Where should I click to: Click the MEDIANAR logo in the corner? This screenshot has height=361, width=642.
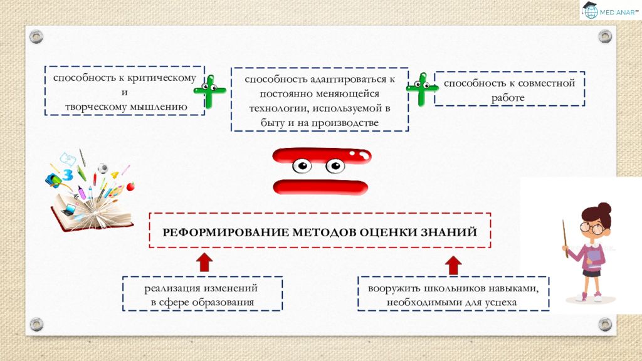(610, 10)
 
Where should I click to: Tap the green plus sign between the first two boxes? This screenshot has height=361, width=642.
(209, 92)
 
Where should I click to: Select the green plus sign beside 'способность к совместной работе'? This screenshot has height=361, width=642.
(422, 89)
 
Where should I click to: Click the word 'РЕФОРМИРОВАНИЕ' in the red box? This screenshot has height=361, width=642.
(226, 233)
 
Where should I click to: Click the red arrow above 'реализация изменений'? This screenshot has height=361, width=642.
(204, 263)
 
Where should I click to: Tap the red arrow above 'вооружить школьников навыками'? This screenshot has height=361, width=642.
(453, 265)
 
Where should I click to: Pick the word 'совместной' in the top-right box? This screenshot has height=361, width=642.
(548, 83)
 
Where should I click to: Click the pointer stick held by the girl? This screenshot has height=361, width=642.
(565, 239)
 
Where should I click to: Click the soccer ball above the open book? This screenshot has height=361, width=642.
(103, 168)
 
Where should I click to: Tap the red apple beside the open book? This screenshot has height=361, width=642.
(130, 187)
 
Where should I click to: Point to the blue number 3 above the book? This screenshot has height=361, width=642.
(68, 175)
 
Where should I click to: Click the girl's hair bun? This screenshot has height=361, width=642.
(604, 207)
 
